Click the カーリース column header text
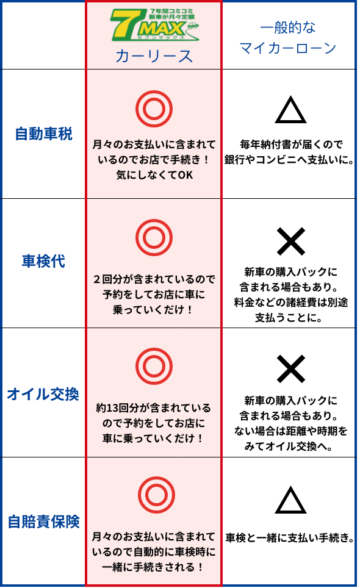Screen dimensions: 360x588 tap(154, 56)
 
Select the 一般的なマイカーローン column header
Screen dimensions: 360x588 tap(288, 37)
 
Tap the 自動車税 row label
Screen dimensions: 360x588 tap(43, 134)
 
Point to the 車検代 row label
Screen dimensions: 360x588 tap(43, 262)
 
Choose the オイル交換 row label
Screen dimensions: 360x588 tap(43, 394)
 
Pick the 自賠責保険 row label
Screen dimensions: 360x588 tap(44, 522)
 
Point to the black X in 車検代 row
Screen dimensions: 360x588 tap(290, 241)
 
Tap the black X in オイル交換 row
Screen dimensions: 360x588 tap(290, 370)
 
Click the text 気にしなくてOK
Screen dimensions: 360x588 tap(154, 175)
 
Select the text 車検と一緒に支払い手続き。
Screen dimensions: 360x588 tap(290, 538)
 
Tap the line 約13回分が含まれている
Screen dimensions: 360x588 tap(153, 407)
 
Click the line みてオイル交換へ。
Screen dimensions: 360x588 tap(289, 446)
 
